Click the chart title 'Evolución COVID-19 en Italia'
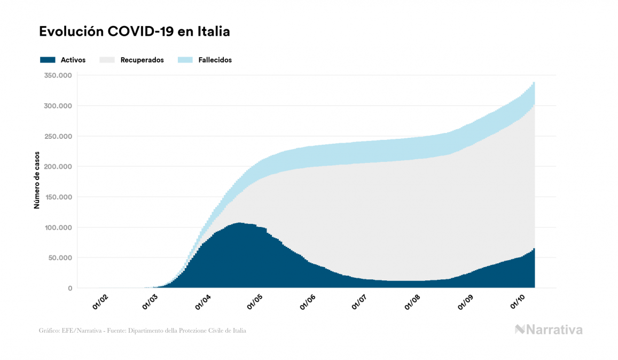pyautogui.click(x=135, y=32)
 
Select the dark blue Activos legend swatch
pyautogui.click(x=48, y=60)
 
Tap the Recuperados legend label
pyautogui.click(x=142, y=60)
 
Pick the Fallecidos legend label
pyautogui.click(x=215, y=60)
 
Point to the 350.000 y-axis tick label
pyautogui.click(x=58, y=75)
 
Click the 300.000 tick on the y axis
pyautogui.click(x=58, y=106)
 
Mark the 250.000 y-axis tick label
pyautogui.click(x=58, y=136)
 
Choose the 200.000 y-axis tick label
pyautogui.click(x=58, y=167)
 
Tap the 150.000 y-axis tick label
pyautogui.click(x=58, y=197)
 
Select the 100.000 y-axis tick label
pyautogui.click(x=58, y=228)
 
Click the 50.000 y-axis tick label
pyautogui.click(x=59, y=258)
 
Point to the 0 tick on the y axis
pyautogui.click(x=69, y=288)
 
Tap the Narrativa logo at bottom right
pyautogui.click(x=549, y=330)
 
